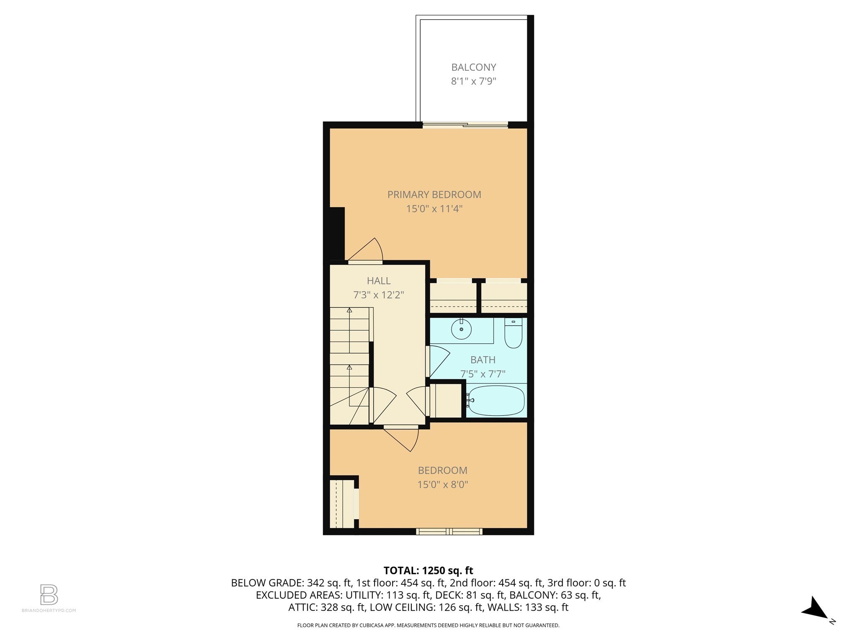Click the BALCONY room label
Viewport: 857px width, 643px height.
(473, 67)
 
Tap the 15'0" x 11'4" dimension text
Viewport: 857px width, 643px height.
(434, 208)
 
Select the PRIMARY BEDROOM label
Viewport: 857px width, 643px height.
(434, 194)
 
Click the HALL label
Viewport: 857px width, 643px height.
(378, 281)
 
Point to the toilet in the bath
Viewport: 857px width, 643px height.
(513, 334)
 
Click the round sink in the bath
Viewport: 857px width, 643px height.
(461, 330)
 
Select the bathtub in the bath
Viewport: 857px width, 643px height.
(496, 401)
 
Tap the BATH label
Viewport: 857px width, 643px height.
(482, 360)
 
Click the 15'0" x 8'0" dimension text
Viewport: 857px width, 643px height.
(442, 485)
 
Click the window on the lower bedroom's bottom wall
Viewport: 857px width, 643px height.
(449, 532)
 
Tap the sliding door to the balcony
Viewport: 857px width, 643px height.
(465, 124)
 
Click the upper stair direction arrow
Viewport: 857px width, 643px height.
(349, 311)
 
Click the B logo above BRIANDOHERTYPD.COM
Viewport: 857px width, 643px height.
(49, 594)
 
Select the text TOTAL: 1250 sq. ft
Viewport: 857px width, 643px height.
(428, 570)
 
